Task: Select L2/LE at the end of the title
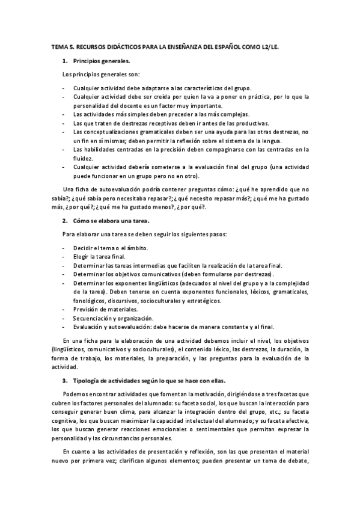[272, 45]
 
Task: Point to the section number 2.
[65, 221]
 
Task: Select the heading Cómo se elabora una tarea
[111, 221]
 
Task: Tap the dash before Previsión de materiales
[64, 309]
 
